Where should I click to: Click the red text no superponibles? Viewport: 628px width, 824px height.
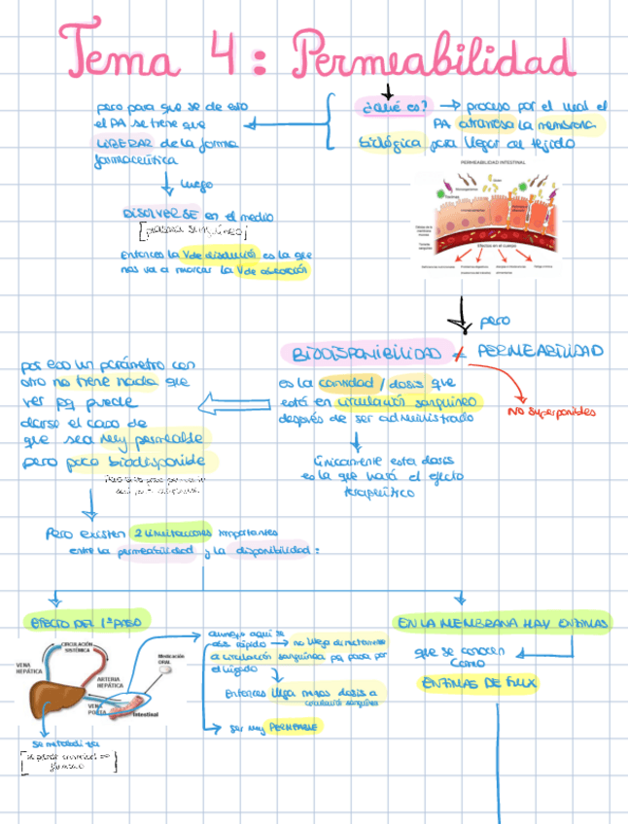[x=551, y=412]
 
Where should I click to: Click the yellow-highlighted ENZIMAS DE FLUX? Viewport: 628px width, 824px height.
[x=476, y=683]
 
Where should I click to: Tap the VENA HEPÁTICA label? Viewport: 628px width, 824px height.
[x=28, y=669]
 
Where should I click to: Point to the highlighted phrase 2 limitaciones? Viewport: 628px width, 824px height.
[x=168, y=532]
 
